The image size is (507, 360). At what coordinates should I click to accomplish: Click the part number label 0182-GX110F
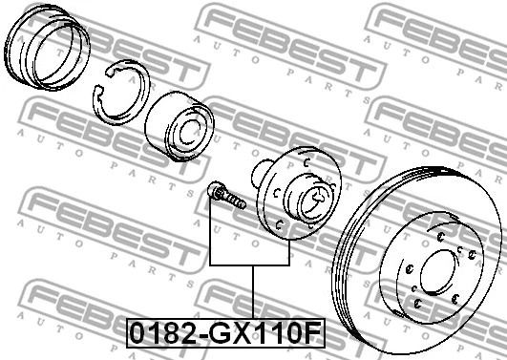coord(225,333)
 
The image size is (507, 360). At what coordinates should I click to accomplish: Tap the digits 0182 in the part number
coord(164,333)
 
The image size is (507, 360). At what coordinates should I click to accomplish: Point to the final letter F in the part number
coord(313,333)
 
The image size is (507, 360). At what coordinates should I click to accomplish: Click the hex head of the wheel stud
coord(215,190)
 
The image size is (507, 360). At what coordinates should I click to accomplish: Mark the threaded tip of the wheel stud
coord(241,203)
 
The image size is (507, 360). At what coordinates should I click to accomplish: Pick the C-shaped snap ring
coord(121,93)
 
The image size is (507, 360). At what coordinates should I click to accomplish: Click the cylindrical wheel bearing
coord(180,126)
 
